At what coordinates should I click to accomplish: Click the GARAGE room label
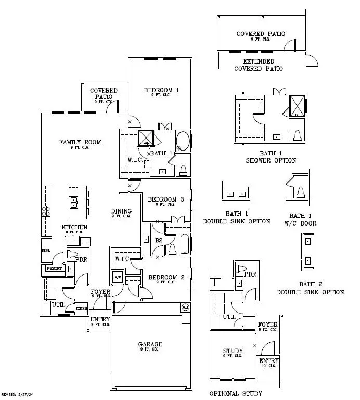click(150, 344)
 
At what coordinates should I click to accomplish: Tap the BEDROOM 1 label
click(161, 90)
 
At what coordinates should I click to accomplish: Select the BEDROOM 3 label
click(166, 199)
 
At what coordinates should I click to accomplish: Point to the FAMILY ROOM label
click(80, 142)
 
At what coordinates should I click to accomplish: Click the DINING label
click(121, 211)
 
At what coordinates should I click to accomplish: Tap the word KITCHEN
click(74, 228)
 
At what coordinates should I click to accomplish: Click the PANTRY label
click(54, 269)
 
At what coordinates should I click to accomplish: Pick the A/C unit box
click(117, 277)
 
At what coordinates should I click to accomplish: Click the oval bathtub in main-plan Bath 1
click(183, 141)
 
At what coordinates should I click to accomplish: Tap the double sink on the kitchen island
click(74, 202)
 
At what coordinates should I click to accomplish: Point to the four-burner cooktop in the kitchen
click(45, 211)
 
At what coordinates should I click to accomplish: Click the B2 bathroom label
click(160, 241)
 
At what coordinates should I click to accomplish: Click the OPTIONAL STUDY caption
click(236, 393)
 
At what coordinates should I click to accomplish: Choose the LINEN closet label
click(82, 309)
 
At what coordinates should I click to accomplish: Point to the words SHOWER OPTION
click(271, 160)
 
